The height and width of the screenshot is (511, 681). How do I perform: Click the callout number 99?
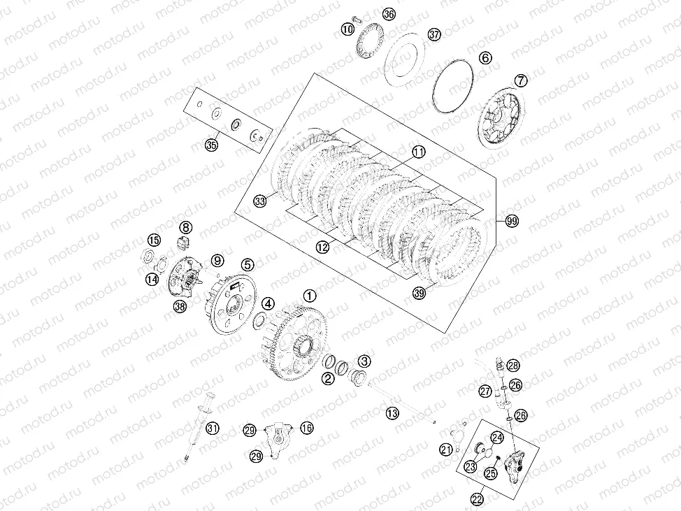[x=512, y=221]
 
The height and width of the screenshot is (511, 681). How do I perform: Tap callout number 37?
[x=434, y=35]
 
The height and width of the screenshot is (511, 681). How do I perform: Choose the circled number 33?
[x=260, y=201]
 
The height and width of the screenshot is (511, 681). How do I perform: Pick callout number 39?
[x=419, y=294]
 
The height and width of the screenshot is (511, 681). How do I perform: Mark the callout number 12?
[x=322, y=247]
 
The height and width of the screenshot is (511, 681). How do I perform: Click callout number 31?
[x=212, y=429]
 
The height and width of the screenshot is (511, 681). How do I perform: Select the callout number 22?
[x=478, y=499]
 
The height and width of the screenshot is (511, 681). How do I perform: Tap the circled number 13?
[x=392, y=413]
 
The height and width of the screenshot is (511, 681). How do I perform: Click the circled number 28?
[x=513, y=366]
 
